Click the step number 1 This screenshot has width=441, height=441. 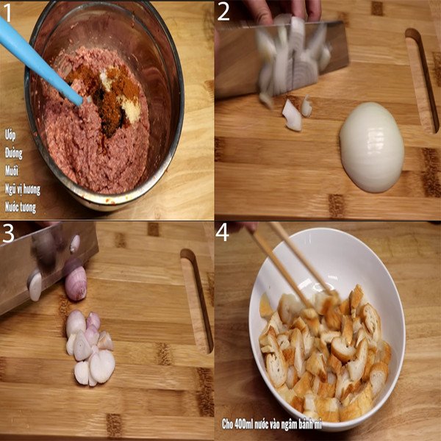(9, 12)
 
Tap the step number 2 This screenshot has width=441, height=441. (223, 12)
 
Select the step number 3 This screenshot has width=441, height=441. (9, 234)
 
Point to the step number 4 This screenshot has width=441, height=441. (224, 234)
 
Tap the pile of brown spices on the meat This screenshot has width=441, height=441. (110, 96)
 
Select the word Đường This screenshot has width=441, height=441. (14, 154)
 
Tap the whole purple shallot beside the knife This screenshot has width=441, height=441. (76, 283)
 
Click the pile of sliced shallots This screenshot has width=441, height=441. (88, 345)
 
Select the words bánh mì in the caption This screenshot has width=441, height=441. (372, 424)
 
